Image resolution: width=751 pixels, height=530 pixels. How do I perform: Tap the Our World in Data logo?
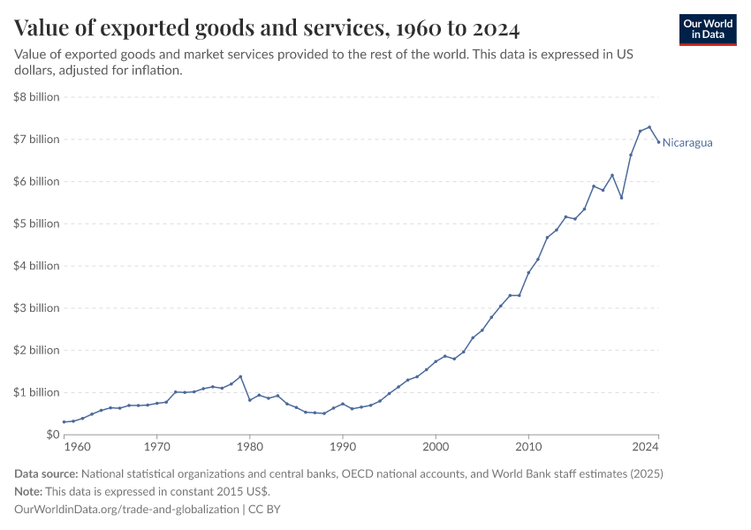[x=707, y=29]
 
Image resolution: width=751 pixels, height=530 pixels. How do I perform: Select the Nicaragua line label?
[x=687, y=142]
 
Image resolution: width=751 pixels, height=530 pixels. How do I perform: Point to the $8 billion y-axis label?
[x=36, y=97]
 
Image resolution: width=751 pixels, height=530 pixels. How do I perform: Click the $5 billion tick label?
[x=36, y=223]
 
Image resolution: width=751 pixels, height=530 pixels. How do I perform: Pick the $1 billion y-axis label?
[x=36, y=392]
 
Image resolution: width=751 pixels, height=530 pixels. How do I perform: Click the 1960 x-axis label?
[x=76, y=448]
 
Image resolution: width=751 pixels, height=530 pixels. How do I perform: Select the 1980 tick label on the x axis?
[x=249, y=448]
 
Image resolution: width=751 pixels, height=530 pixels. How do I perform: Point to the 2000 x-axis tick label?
[x=435, y=448]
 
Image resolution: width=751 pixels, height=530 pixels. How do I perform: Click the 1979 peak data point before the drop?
[x=240, y=376]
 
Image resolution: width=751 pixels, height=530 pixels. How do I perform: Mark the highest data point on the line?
[x=649, y=127]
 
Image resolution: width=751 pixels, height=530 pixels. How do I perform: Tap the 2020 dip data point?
[x=621, y=198]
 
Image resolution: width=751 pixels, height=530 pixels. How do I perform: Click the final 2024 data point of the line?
[x=658, y=141]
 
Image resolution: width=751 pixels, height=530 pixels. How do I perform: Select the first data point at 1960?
[x=64, y=422]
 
